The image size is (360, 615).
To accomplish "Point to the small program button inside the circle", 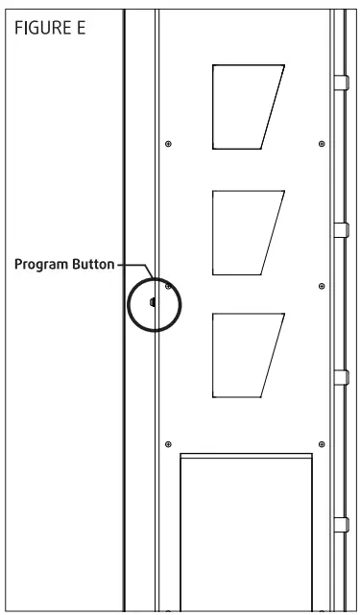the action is [x=152, y=301].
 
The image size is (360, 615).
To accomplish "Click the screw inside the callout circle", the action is [x=168, y=286].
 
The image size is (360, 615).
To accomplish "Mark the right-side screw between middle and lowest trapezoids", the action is [x=321, y=286].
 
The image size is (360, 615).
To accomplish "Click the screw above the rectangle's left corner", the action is [x=168, y=443].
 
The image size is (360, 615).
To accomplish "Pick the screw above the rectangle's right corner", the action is [x=321, y=443].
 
